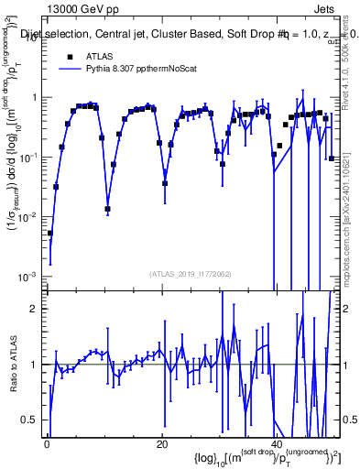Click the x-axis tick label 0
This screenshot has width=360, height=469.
(47, 445)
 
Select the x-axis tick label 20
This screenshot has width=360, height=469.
(162, 445)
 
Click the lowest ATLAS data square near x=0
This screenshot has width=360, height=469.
(50, 234)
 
